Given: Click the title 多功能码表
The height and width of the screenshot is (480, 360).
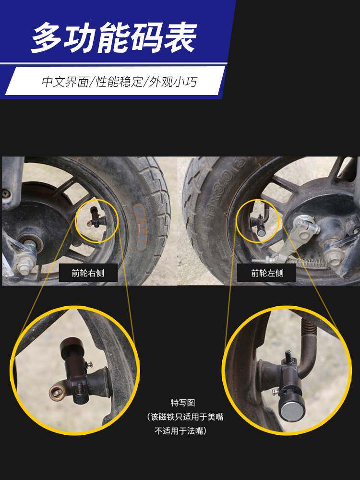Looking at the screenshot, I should tap(114, 36).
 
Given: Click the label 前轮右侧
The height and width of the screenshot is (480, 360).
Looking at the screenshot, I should tap(88, 274).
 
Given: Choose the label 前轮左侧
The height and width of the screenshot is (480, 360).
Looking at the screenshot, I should tap(267, 274).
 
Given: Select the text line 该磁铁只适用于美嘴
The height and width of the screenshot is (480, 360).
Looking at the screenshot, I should tap(187, 417).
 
